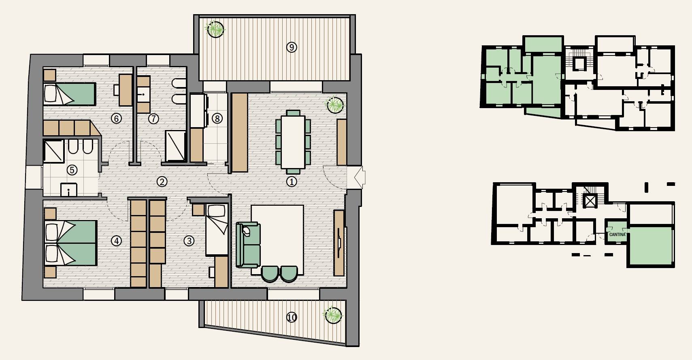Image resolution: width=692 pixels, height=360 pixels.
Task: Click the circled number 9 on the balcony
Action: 292,47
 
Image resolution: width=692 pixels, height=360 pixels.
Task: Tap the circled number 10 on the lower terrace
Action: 292,317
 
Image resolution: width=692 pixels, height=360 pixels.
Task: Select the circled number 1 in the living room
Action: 292,182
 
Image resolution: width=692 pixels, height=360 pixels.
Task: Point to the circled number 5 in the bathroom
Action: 72,170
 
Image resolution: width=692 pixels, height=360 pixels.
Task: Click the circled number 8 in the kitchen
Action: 217,118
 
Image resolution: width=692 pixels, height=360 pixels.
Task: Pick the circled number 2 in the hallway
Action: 162,182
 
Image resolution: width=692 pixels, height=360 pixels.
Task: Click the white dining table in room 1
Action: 293,142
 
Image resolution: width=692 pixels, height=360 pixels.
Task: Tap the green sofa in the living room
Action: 248,245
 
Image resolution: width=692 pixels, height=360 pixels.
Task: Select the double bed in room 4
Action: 70,243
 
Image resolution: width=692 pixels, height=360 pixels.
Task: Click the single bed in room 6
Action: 69,94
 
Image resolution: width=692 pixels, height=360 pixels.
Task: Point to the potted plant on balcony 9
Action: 215,29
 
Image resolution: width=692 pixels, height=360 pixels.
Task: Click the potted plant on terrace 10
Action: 333,315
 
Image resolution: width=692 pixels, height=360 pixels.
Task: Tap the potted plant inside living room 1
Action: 335,105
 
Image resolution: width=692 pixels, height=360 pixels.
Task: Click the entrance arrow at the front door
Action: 360,177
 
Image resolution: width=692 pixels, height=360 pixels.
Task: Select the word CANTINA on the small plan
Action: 617,234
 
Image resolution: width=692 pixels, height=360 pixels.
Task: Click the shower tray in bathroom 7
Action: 175,146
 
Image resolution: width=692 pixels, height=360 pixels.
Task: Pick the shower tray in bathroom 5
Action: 53,151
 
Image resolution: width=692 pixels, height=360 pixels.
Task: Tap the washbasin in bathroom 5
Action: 68,190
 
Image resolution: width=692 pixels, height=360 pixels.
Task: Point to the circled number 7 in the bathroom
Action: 153,118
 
